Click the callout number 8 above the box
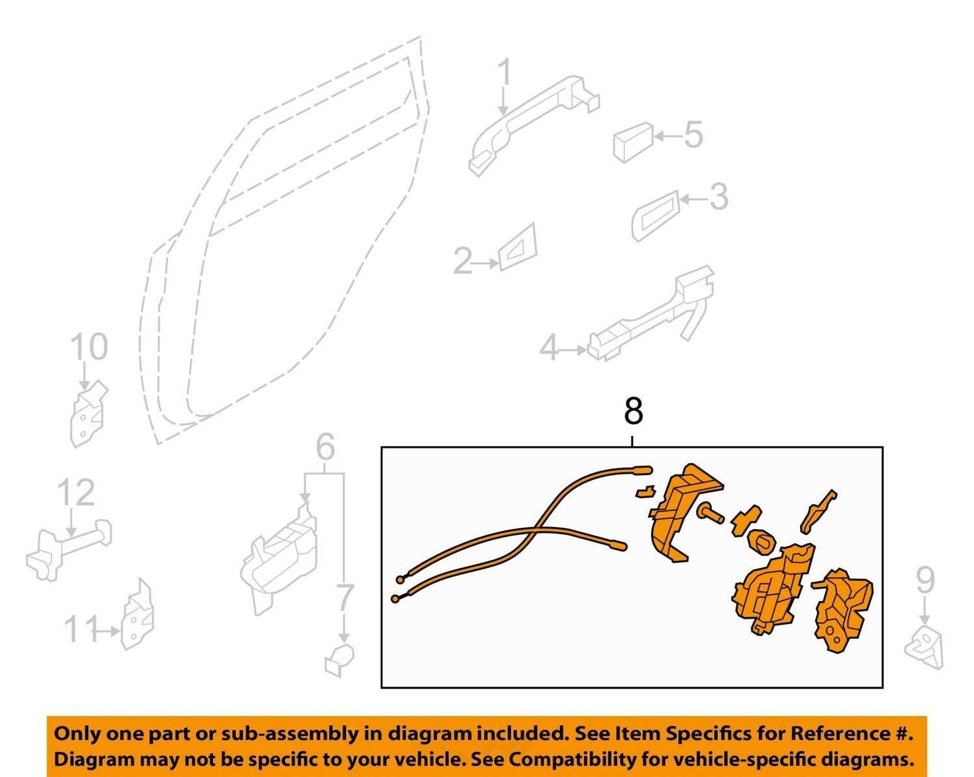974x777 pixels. [x=633, y=411]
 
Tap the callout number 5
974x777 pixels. [x=694, y=134]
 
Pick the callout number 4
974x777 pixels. [x=549, y=348]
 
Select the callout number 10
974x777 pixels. [x=89, y=346]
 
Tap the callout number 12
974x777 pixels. [x=76, y=493]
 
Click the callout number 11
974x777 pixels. [x=81, y=629]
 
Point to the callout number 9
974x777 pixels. [x=925, y=581]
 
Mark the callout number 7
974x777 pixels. [x=344, y=596]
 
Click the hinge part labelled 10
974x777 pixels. [x=88, y=412]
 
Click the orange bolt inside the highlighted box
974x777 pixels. [x=710, y=515]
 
